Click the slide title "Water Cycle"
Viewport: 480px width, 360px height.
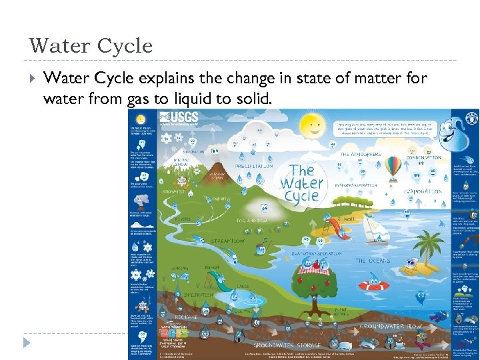coord(91,46)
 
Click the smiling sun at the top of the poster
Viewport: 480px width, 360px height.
coord(311,125)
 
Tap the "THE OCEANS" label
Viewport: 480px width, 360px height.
coord(373,261)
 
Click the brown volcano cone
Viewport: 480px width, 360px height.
coord(215,161)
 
